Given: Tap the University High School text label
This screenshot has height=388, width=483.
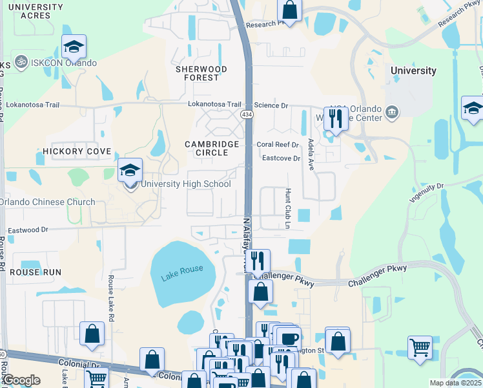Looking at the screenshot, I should [x=185, y=184].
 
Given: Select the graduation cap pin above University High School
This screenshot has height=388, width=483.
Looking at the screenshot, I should [x=130, y=171].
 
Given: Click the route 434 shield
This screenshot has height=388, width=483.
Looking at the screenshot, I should [x=246, y=114].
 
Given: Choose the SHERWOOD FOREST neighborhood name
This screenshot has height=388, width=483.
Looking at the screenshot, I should [x=201, y=73].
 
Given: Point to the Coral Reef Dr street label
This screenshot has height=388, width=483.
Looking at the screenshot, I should [x=278, y=145].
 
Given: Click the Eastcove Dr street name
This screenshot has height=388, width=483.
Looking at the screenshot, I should [x=281, y=158].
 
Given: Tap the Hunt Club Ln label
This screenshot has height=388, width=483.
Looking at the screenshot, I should [x=288, y=208].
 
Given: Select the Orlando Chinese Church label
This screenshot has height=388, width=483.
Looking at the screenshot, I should [x=48, y=202].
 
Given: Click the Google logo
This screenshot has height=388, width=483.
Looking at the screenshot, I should [x=21, y=380].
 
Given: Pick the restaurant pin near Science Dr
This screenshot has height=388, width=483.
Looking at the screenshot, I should [x=335, y=119].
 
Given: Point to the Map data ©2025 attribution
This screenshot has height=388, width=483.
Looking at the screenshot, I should [x=455, y=383].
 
